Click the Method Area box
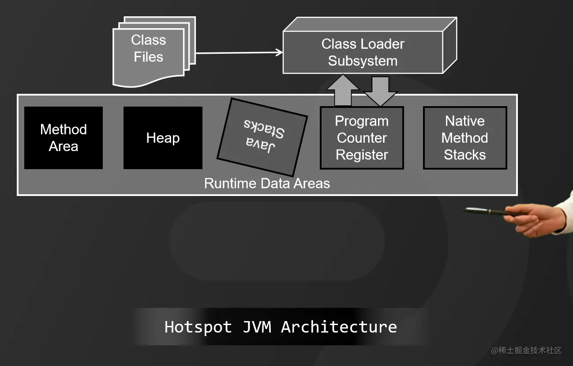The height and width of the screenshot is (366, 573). pyautogui.click(x=64, y=138)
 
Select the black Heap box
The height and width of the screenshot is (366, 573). pyautogui.click(x=163, y=138)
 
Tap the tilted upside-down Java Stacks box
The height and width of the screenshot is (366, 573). pyautogui.click(x=262, y=137)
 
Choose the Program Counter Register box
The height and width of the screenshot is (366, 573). pyautogui.click(x=362, y=138)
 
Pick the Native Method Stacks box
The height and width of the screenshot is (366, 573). pyautogui.click(x=465, y=138)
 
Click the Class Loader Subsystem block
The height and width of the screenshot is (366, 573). pyautogui.click(x=363, y=52)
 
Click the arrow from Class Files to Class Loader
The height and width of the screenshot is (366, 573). pyautogui.click(x=238, y=53)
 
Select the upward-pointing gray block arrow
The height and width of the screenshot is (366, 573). pyautogui.click(x=343, y=90)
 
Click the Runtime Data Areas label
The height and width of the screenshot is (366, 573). pyautogui.click(x=267, y=183)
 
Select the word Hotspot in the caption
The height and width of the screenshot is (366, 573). pyautogui.click(x=198, y=327)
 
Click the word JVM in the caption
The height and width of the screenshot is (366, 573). pyautogui.click(x=257, y=327)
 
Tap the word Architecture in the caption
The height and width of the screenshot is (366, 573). pyautogui.click(x=339, y=327)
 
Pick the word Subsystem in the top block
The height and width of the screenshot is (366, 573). pyautogui.click(x=363, y=61)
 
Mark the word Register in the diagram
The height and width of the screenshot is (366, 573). pyautogui.click(x=362, y=155)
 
